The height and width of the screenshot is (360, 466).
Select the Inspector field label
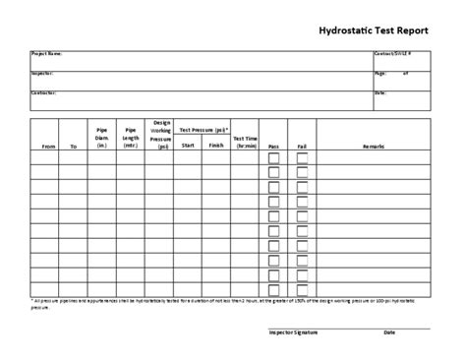pos(42,73)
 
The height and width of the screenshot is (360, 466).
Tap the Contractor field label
pos(44,92)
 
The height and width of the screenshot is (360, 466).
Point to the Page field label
pos(379,73)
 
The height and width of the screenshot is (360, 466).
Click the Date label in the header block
pos(379,92)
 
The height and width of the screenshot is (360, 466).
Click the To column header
pos(74,145)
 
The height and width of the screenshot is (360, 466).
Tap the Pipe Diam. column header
pos(101,137)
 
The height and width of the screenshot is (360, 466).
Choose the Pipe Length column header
pos(131,137)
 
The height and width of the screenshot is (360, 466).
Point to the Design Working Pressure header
pos(159,133)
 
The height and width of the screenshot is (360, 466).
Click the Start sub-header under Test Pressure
pos(188,145)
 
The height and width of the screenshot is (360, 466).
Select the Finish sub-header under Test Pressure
pos(216,145)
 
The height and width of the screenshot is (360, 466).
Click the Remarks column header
pos(374,145)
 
